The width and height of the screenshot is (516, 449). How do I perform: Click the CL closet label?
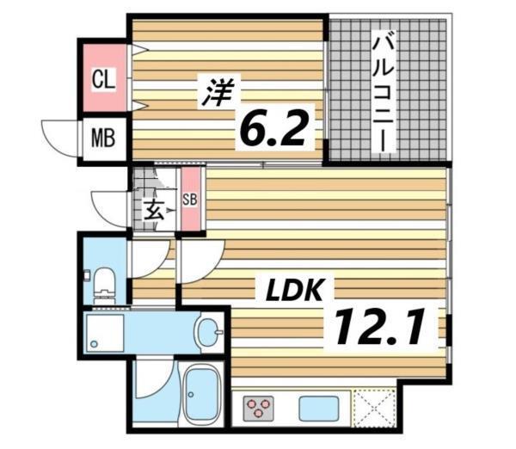pyautogui.click(x=103, y=80)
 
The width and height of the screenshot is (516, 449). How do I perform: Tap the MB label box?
pyautogui.click(x=104, y=138)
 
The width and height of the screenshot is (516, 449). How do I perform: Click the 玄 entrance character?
pyautogui.click(x=155, y=208)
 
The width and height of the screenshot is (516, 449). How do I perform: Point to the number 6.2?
pyautogui.click(x=273, y=129)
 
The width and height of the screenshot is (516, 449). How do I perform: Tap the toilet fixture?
pyautogui.click(x=103, y=280)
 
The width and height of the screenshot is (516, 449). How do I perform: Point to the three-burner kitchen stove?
pyautogui.click(x=257, y=407)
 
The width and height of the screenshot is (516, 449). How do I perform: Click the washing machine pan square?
pyautogui.click(x=106, y=335)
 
